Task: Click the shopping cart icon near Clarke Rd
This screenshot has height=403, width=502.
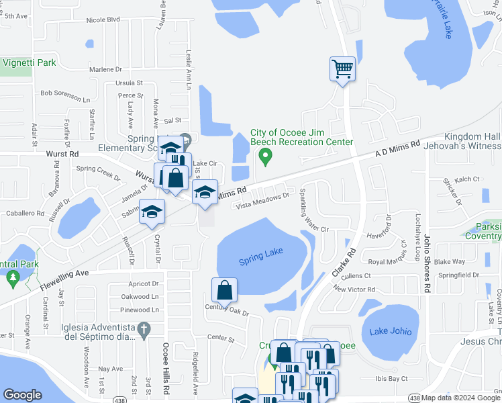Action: click(342, 69)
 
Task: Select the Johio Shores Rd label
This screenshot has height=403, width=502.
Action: click(426, 263)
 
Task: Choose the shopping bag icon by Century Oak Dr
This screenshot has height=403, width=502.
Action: click(225, 290)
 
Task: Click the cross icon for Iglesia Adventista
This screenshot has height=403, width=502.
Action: click(142, 329)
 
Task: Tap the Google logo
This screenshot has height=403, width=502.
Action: click(22, 395)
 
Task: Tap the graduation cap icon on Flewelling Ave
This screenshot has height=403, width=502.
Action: click(152, 212)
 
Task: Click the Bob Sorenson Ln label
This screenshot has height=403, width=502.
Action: click(65, 93)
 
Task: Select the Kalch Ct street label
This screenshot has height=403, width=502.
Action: click(466, 179)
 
